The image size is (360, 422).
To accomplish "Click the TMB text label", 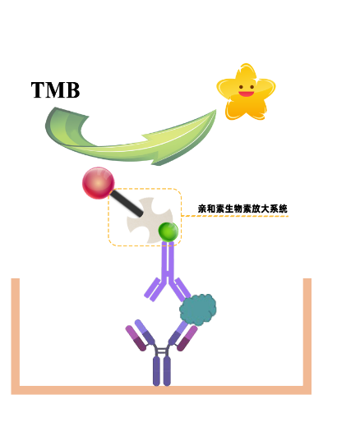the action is coord(55,90).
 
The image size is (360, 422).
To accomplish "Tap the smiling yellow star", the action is coord(246,92).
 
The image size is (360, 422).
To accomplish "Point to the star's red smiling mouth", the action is coord(246,94).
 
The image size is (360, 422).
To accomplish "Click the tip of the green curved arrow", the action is coord(215,110).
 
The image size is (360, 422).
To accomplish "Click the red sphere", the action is coord(99,183).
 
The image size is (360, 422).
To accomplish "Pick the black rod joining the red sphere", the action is coord(127,203).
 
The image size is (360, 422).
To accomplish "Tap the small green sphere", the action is coord(168,232).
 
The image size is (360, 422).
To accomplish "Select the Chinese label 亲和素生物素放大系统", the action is coord(242,209).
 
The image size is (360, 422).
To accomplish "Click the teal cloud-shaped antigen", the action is coord(198,310).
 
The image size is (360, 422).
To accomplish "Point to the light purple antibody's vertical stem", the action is coord(168,260).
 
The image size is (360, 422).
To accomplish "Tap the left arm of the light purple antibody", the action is coord(153,290).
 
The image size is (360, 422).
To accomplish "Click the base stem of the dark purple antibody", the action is coord(162,371).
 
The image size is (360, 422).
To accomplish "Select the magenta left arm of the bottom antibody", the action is coord(136,338).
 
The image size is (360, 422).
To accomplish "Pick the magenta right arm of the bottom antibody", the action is coord(187,338).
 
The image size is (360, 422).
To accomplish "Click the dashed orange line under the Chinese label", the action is coord(235,216).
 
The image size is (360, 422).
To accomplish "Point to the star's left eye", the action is coord(241,87).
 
